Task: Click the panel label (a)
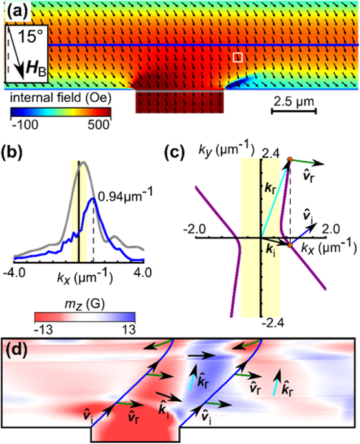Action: tap(16, 10)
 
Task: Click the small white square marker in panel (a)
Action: tap(238, 58)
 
